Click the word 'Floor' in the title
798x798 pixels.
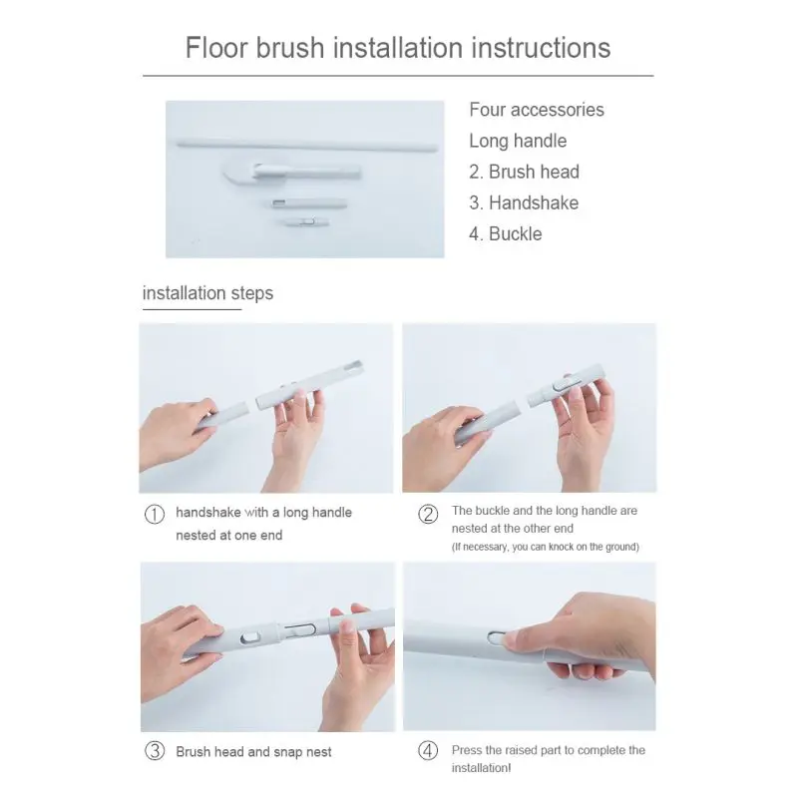216,47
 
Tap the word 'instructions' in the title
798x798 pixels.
541,47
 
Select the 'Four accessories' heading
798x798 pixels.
537,110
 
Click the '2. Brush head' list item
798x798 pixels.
525,172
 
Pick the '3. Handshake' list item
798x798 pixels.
524,203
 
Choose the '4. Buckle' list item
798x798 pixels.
506,234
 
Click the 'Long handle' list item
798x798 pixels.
518,141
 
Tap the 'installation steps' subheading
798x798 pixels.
207,293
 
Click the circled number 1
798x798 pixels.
155,514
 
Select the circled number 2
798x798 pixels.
428,514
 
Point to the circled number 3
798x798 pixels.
155,751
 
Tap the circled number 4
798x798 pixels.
428,751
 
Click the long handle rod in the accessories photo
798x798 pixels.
307,146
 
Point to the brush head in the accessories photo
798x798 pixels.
291,173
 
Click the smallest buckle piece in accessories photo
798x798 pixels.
307,221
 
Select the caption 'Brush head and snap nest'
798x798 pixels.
253,752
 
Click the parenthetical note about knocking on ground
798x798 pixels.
545,547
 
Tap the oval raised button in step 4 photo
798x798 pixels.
497,637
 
